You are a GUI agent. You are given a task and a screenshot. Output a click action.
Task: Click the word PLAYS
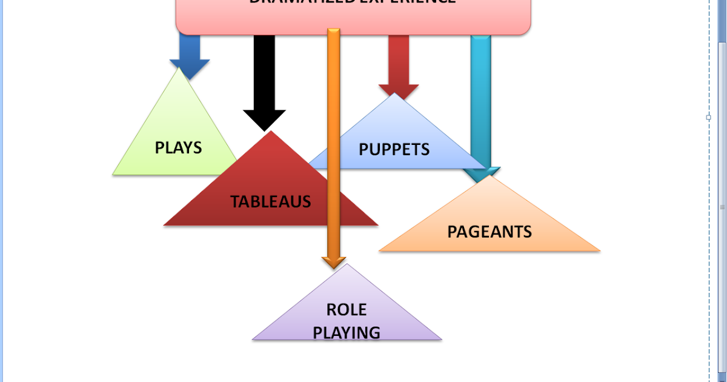coord(178,147)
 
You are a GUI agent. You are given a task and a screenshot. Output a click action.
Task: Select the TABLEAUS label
coord(270,201)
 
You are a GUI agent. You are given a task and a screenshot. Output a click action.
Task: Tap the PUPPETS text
coord(394,149)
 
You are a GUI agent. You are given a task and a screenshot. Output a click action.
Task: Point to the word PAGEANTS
coord(490,231)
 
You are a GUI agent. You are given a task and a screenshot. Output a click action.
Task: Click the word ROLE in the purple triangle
coord(347,310)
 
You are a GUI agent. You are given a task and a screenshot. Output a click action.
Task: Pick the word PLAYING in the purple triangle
coord(347,332)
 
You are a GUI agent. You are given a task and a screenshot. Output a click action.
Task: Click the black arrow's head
coord(264,120)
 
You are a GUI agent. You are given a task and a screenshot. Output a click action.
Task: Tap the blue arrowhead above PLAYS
coord(190,69)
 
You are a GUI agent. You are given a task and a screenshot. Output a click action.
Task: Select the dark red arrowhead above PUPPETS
coord(399,91)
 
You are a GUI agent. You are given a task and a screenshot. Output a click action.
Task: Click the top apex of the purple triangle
coord(347,264)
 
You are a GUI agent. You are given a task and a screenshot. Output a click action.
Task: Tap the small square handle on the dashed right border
coord(708,118)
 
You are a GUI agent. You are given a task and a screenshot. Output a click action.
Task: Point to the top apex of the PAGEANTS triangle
coord(490,176)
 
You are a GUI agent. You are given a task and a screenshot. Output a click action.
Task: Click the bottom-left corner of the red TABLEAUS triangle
coord(165,226)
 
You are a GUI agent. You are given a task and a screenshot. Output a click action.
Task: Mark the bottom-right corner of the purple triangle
coord(441,340)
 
